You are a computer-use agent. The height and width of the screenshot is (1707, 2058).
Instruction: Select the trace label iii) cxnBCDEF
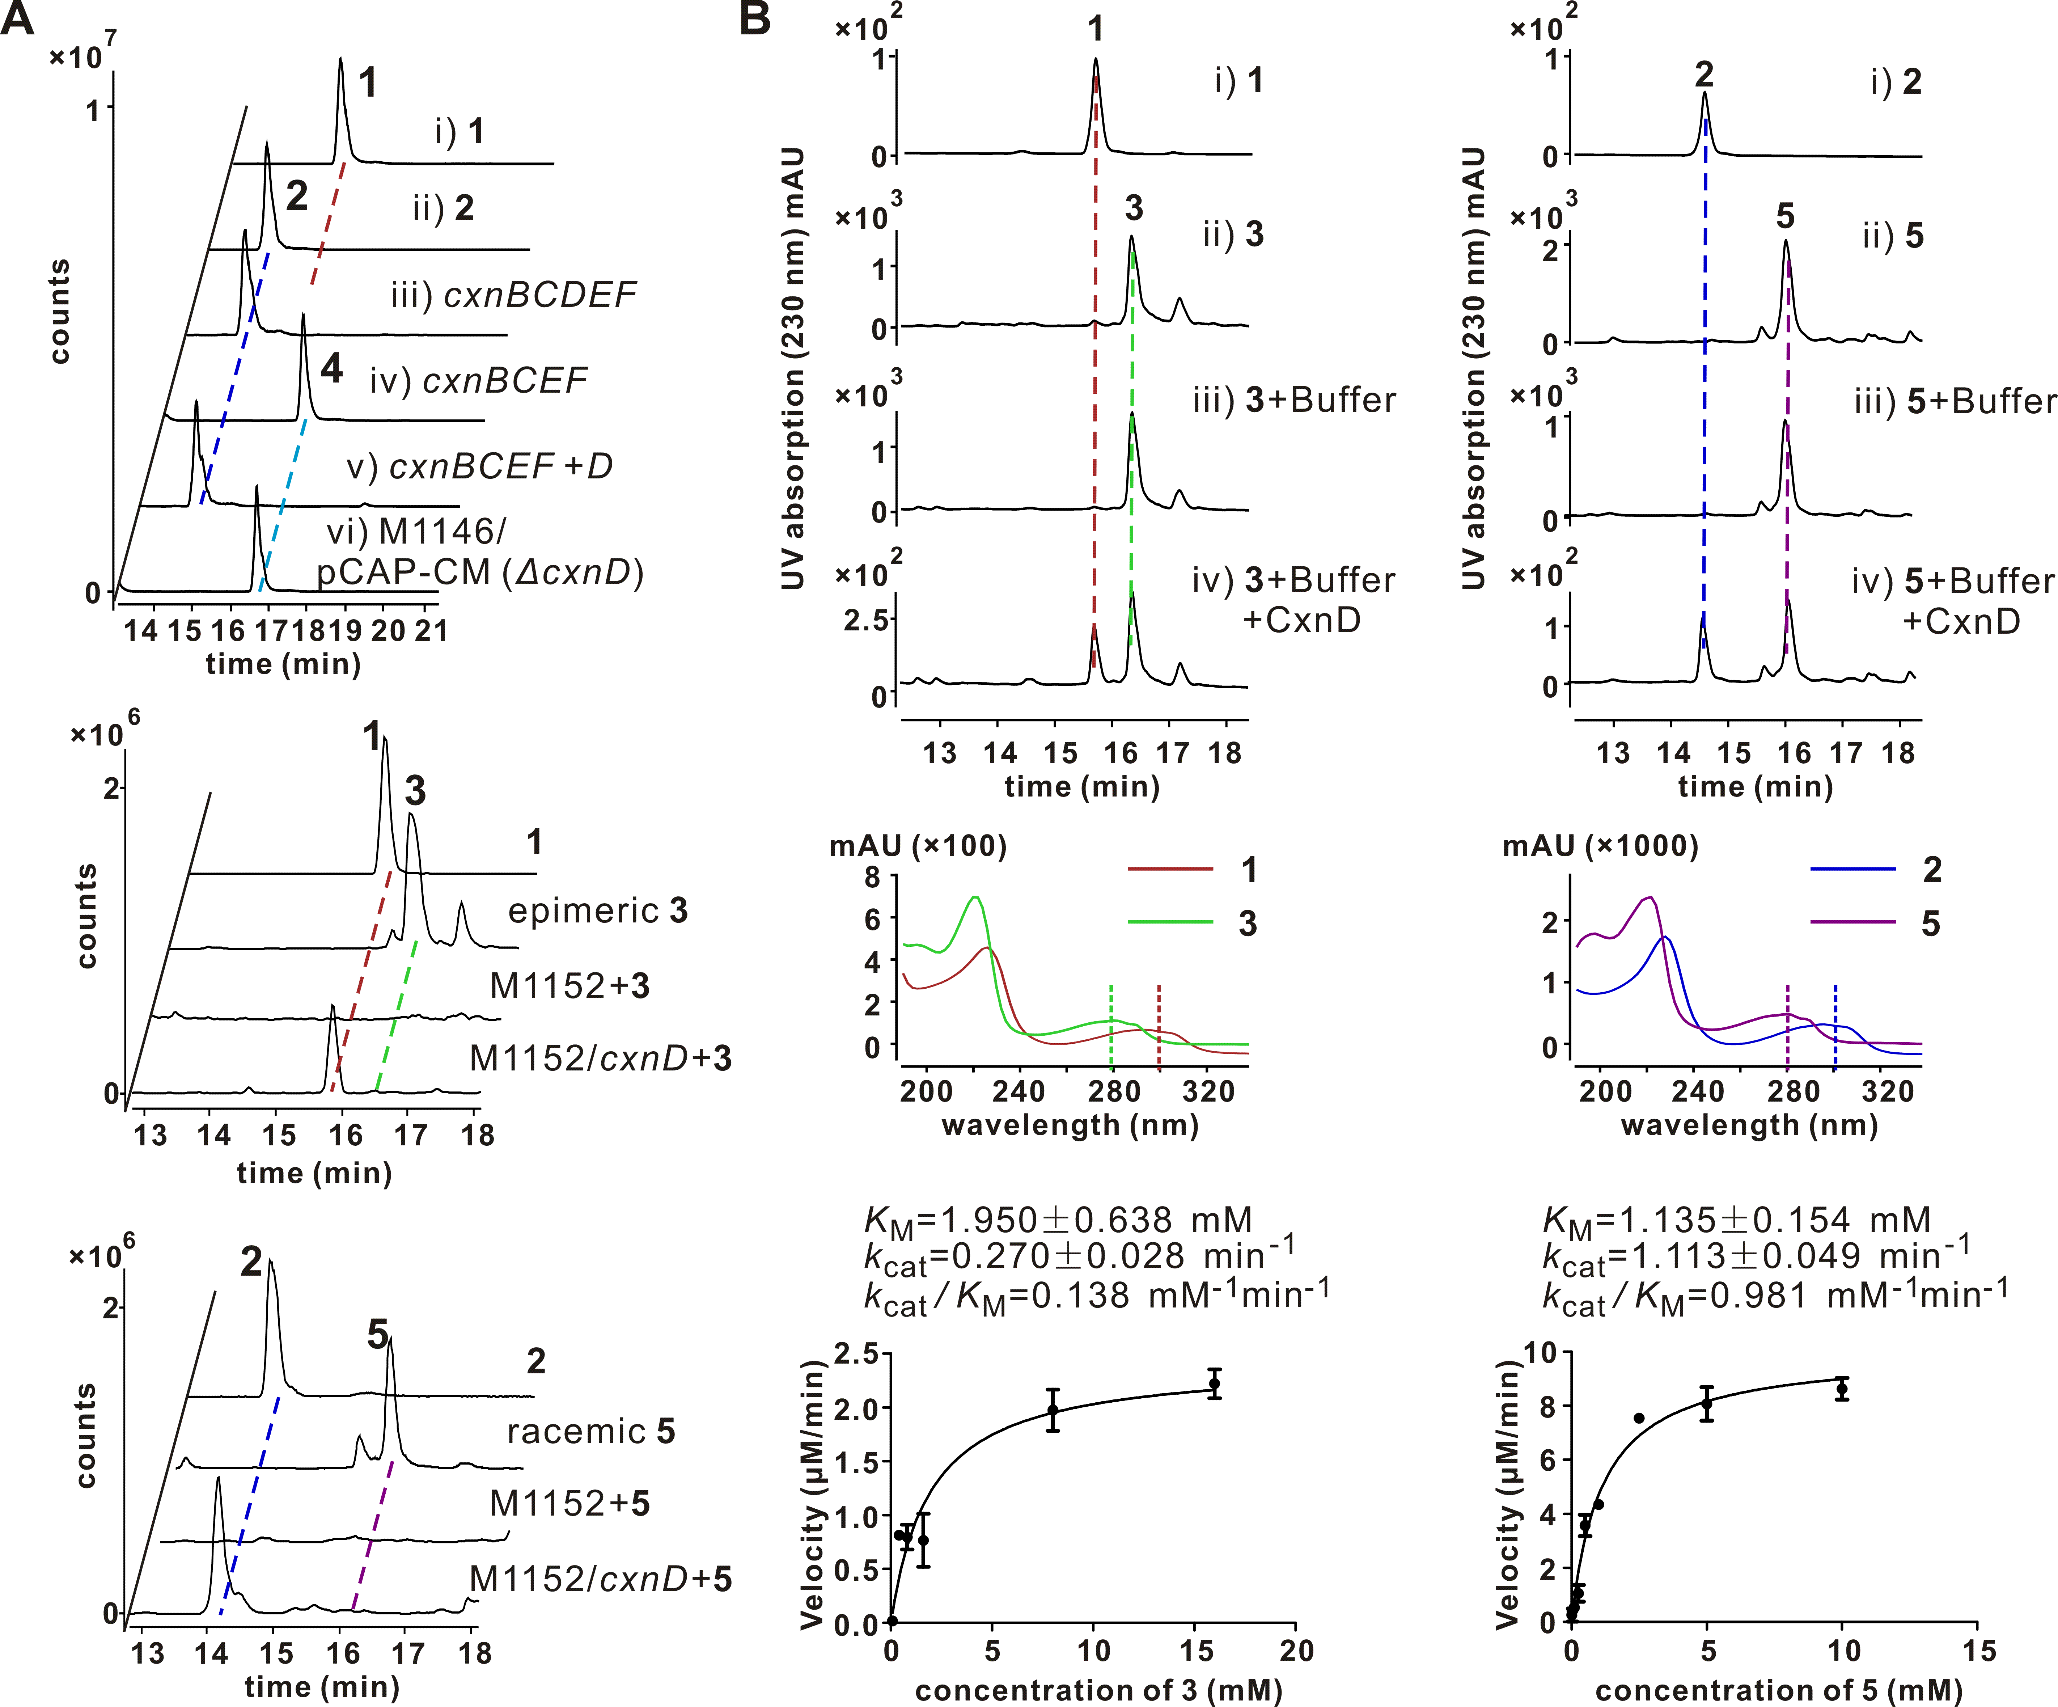[513, 294]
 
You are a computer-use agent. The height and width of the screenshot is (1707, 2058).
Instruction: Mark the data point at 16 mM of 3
[1214, 1383]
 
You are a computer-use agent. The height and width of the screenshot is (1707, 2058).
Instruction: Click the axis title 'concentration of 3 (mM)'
[1098, 1689]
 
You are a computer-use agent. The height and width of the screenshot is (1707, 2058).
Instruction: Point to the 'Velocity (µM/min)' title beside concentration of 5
[1507, 1499]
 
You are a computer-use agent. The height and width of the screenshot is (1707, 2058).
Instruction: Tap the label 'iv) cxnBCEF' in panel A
[478, 380]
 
